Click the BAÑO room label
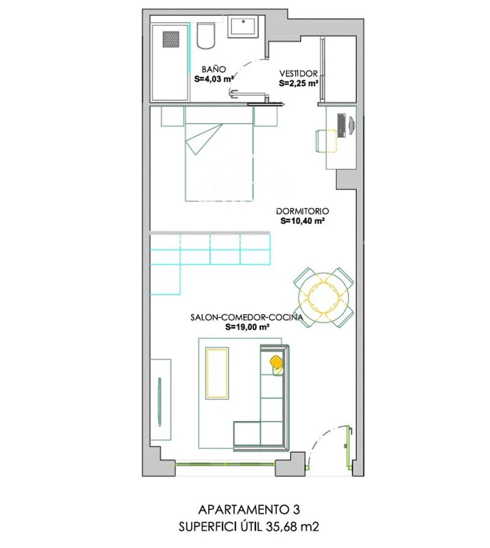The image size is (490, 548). pyautogui.click(x=214, y=70)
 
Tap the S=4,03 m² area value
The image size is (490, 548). pyautogui.click(x=214, y=79)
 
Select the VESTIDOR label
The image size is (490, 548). pyautogui.click(x=298, y=73)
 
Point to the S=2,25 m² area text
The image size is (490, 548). pyautogui.click(x=298, y=83)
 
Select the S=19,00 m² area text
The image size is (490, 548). pyautogui.click(x=247, y=327)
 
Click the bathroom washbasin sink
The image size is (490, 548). pyautogui.click(x=245, y=27)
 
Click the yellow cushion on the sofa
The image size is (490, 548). pyautogui.click(x=277, y=363)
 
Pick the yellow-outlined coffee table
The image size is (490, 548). pyautogui.click(x=217, y=372)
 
